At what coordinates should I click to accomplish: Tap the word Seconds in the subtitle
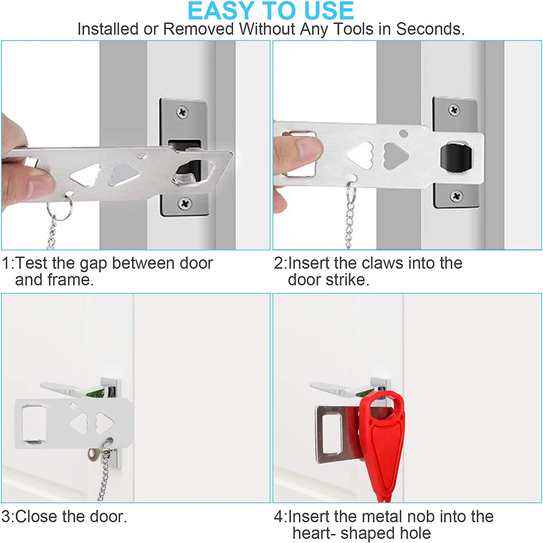click(x=430, y=29)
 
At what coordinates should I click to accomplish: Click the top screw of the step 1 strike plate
click(x=183, y=112)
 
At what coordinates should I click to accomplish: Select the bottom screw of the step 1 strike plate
click(x=185, y=203)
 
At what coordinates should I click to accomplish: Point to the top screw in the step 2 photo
click(x=454, y=110)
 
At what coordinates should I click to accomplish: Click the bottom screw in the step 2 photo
click(x=456, y=195)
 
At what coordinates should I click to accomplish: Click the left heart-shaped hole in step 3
click(x=79, y=423)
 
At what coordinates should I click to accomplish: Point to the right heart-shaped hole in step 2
click(x=396, y=156)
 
